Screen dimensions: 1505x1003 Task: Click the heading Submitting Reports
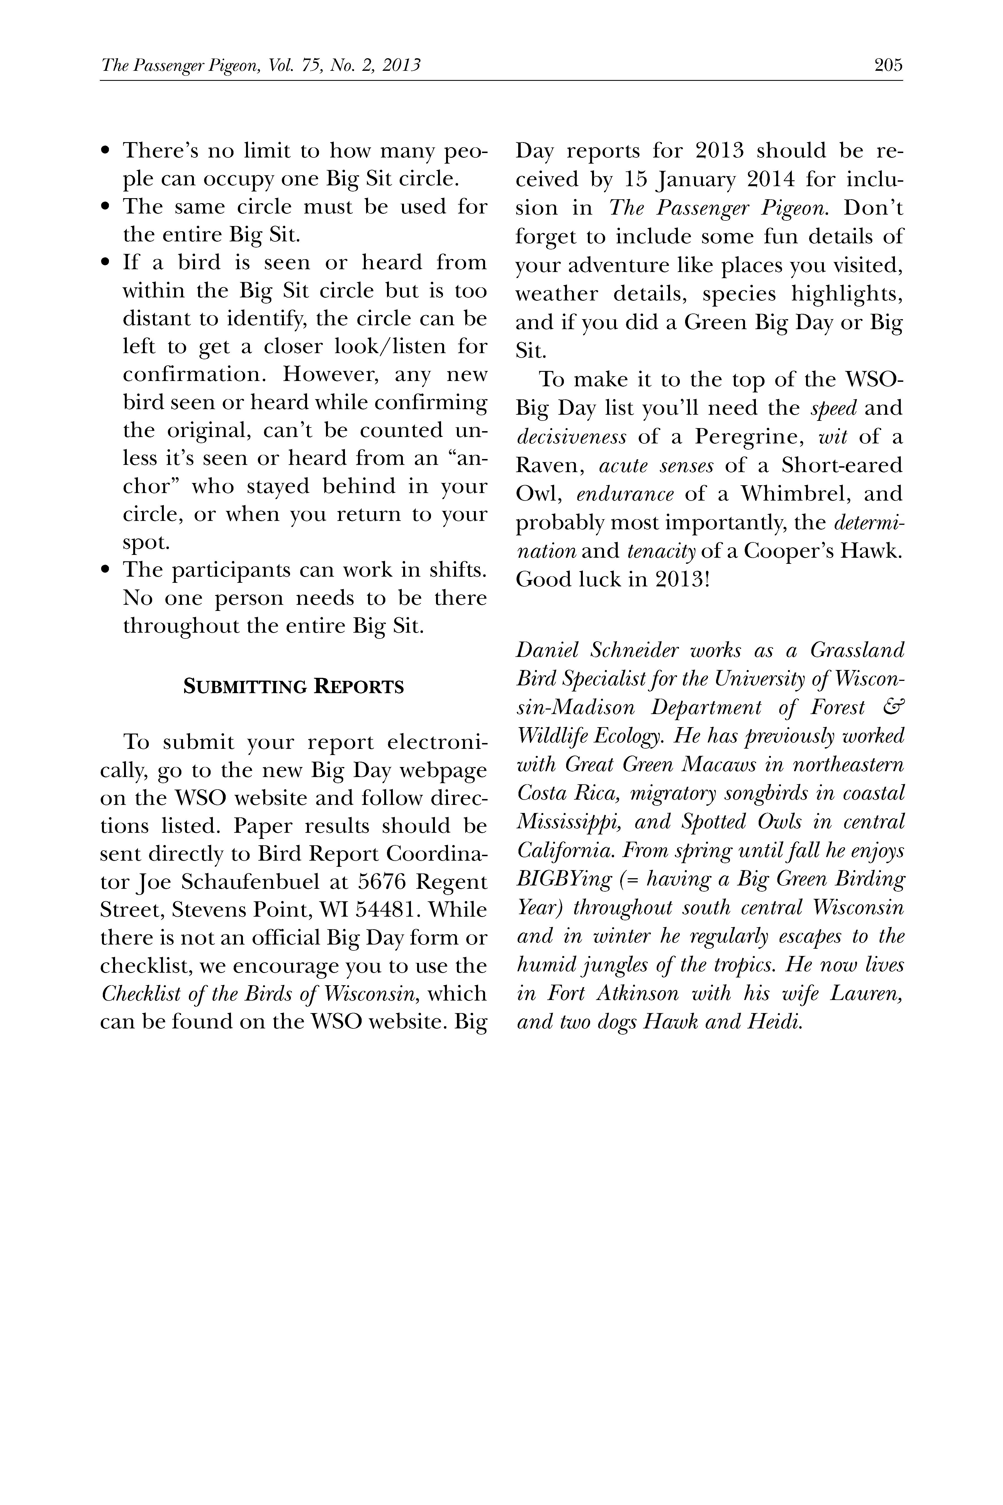[x=294, y=687]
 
